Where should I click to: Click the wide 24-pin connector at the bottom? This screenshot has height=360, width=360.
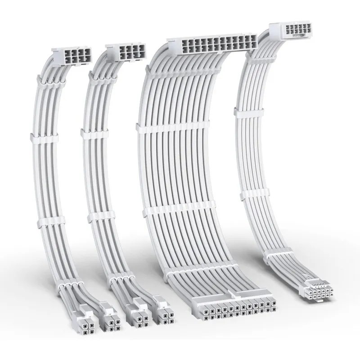(x=235, y=310)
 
